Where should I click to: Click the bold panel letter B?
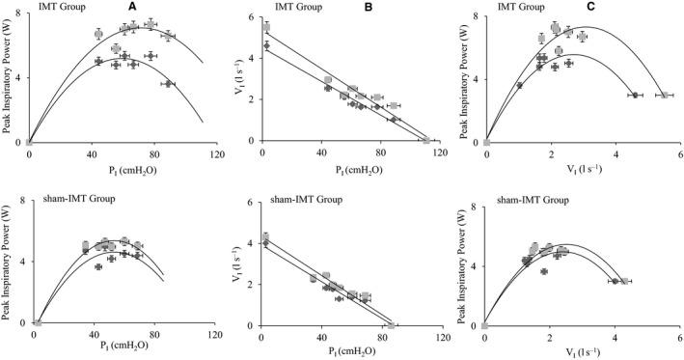click(366, 7)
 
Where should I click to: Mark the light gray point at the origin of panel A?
click(29, 142)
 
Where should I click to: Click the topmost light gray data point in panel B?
click(266, 28)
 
